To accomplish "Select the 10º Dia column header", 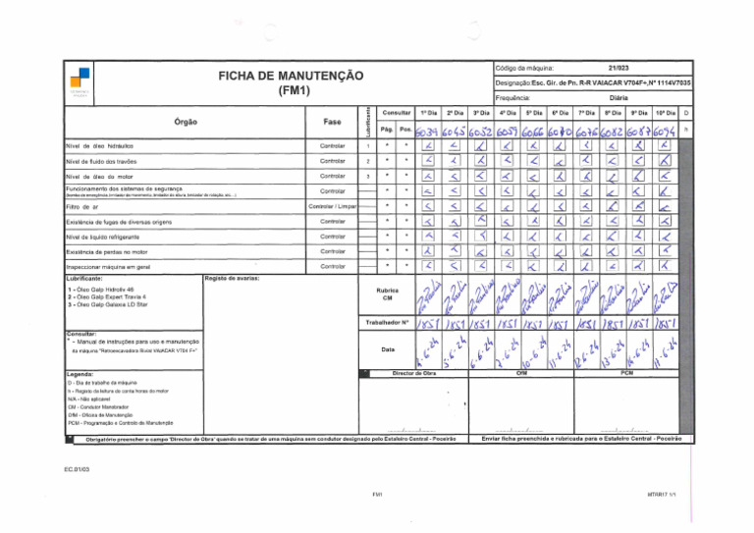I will (662, 114).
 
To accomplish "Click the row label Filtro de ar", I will (81, 207).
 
